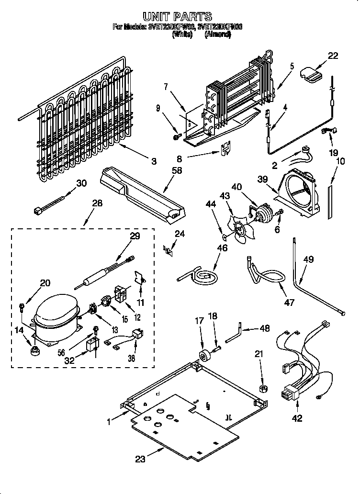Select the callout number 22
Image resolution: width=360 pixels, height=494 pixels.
(333, 56)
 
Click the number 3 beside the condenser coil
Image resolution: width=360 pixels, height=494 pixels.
(153, 162)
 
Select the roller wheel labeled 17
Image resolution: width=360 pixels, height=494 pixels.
(204, 356)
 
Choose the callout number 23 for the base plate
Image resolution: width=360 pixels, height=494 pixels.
(140, 460)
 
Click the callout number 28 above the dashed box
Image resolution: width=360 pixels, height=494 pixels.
(97, 203)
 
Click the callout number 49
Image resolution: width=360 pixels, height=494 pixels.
(308, 259)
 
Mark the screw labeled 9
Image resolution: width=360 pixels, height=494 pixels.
(176, 137)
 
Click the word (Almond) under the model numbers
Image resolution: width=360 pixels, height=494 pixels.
(217, 34)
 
